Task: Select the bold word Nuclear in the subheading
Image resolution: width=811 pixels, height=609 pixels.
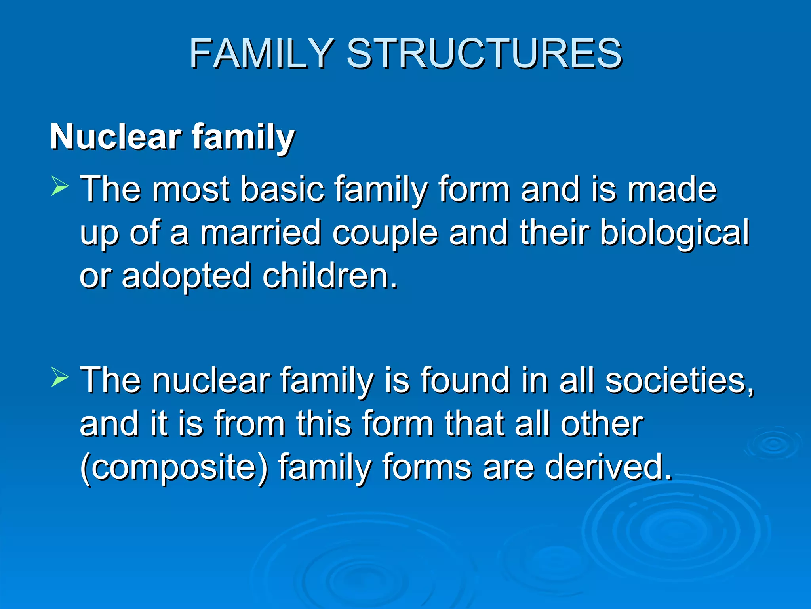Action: [115, 137]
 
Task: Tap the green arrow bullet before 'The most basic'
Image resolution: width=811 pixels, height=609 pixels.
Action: [60, 187]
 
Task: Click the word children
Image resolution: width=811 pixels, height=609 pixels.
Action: [329, 276]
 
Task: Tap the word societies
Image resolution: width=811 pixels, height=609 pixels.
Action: [680, 381]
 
